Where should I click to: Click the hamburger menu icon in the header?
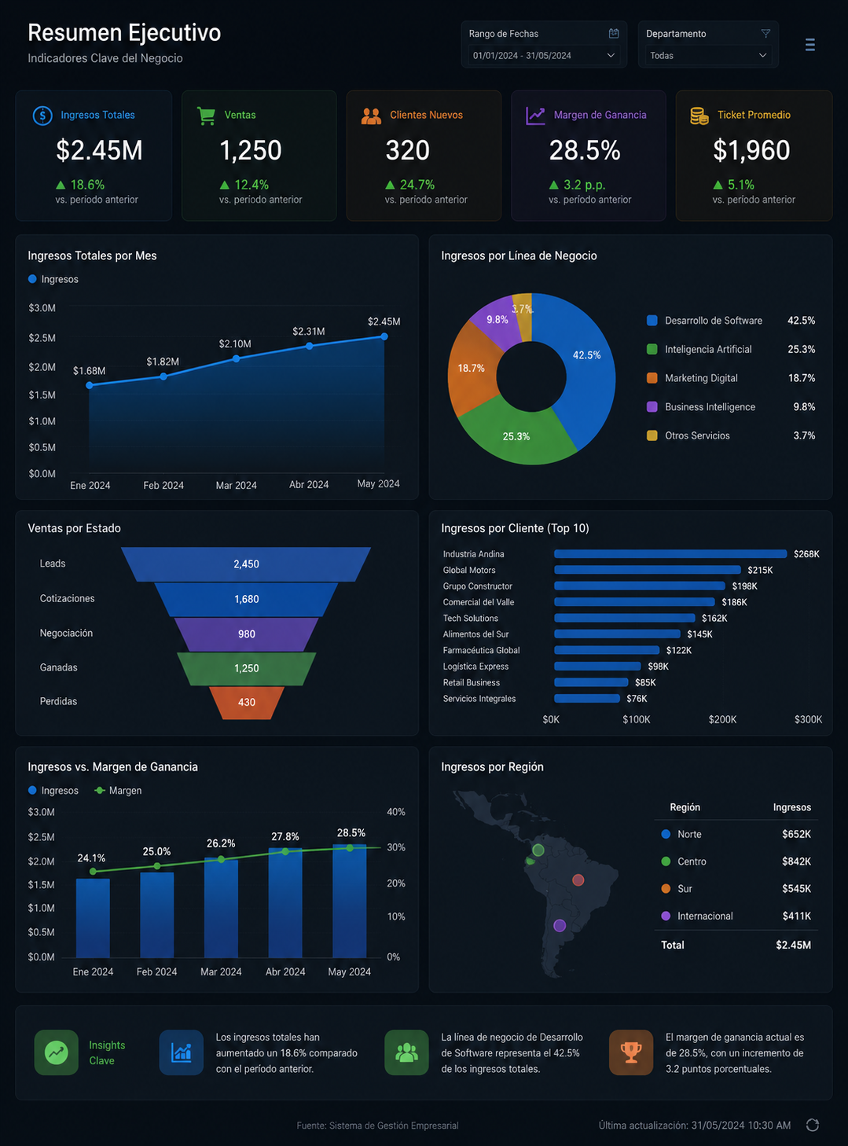click(809, 45)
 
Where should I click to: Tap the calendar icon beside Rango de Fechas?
click(613, 34)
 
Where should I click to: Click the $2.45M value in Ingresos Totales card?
click(99, 150)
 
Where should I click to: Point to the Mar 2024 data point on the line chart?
click(236, 358)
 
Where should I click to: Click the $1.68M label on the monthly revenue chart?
click(89, 370)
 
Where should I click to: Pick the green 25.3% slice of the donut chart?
click(517, 434)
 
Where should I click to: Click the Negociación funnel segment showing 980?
click(247, 634)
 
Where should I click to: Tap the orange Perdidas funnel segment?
click(247, 703)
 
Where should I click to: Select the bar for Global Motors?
click(647, 570)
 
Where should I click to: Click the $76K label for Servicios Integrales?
click(637, 699)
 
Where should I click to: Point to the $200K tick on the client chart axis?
click(722, 719)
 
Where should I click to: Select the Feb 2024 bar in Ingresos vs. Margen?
click(157, 915)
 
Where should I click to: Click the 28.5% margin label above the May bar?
click(351, 833)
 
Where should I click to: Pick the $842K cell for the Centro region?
click(796, 861)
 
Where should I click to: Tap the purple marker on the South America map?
click(560, 925)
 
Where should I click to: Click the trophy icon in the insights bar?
click(631, 1052)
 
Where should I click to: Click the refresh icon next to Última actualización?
click(813, 1125)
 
